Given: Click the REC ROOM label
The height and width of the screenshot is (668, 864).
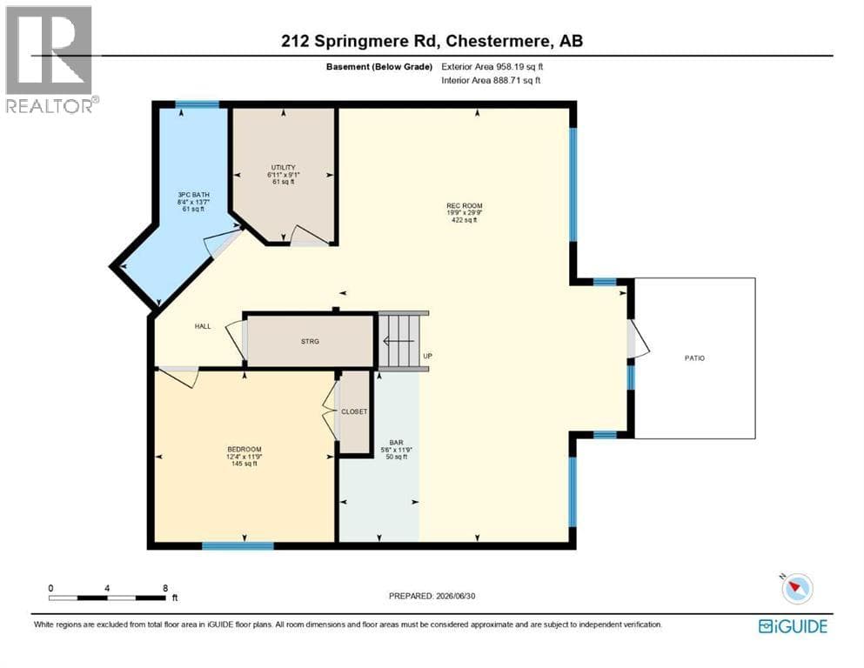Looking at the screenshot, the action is (465, 206).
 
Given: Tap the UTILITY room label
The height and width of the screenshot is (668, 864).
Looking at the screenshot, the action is (284, 167).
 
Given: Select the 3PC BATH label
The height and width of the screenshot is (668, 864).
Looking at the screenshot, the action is (193, 195).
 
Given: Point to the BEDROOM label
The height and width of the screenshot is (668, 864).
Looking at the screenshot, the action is (244, 450).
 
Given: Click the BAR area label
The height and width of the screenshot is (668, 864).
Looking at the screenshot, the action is (396, 443).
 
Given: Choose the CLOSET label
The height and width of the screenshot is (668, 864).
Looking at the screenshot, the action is (354, 412).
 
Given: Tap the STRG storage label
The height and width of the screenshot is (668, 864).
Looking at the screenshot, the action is (311, 342).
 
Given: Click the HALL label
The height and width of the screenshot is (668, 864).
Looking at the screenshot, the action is (203, 326).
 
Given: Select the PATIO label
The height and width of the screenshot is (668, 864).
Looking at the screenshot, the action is (694, 358).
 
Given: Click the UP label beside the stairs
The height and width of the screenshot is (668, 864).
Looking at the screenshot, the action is (427, 357).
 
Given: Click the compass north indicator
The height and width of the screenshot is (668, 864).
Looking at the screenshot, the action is (795, 588).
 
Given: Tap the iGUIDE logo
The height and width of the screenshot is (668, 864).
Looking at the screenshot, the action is (793, 627).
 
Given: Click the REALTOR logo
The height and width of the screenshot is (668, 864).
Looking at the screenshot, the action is (50, 59).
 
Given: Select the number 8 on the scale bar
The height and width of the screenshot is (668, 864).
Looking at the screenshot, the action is (165, 588).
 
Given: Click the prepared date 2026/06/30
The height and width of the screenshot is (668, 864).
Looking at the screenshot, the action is (455, 596).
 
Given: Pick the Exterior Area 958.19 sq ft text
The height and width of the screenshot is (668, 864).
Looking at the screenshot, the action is (492, 67).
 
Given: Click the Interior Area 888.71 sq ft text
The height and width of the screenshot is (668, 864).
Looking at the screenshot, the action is (491, 80).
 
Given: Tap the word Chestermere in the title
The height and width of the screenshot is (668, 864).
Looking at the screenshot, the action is (498, 41).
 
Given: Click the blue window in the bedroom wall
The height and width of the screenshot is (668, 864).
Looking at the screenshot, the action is (238, 545).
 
